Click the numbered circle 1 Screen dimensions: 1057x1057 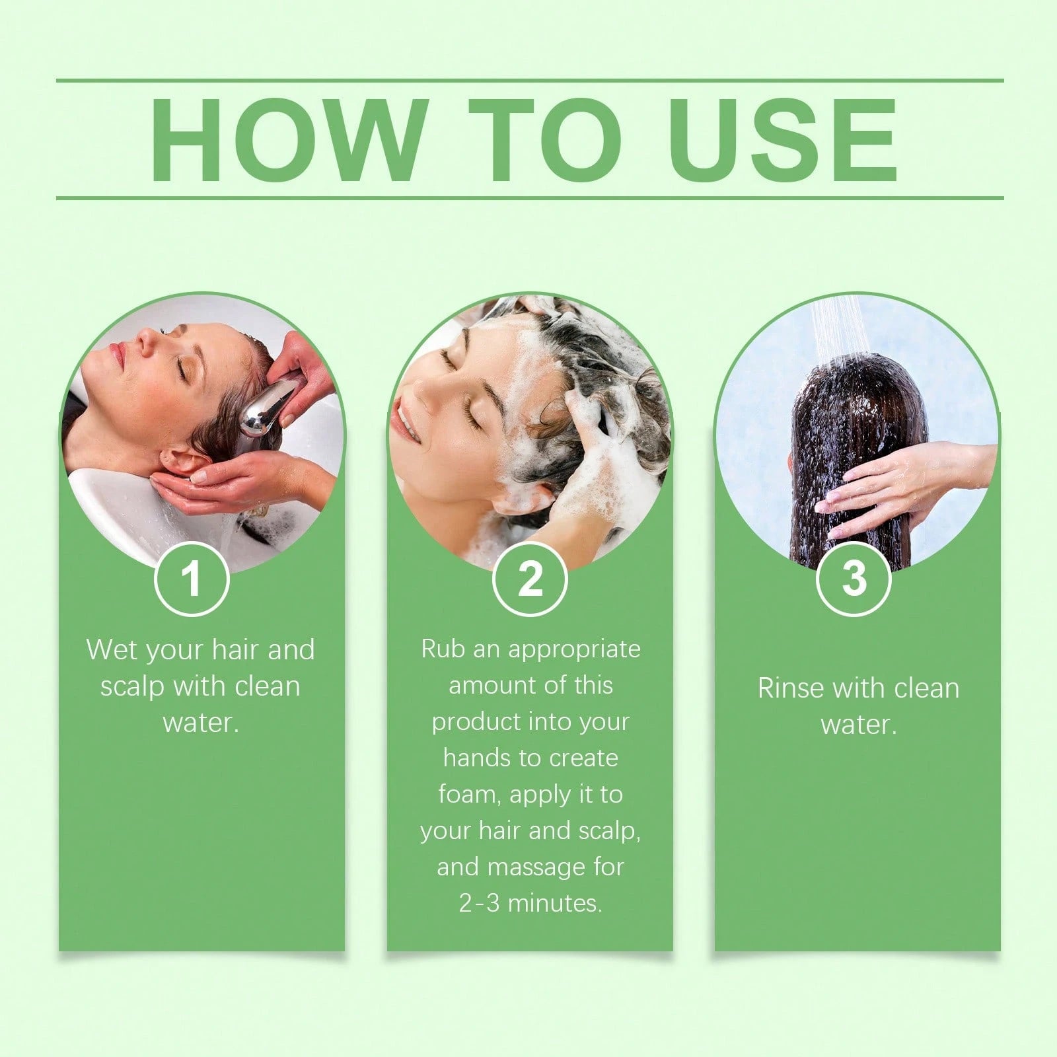tap(192, 579)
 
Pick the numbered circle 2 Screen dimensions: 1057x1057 tap(530, 579)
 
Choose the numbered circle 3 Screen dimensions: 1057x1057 tap(854, 579)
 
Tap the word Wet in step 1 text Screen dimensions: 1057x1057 tap(112, 650)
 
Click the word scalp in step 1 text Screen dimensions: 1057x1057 tap(132, 686)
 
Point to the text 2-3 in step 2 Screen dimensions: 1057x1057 tap(479, 903)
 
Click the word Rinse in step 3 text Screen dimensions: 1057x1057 tap(790, 688)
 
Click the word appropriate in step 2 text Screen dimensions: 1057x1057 tap(574, 650)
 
